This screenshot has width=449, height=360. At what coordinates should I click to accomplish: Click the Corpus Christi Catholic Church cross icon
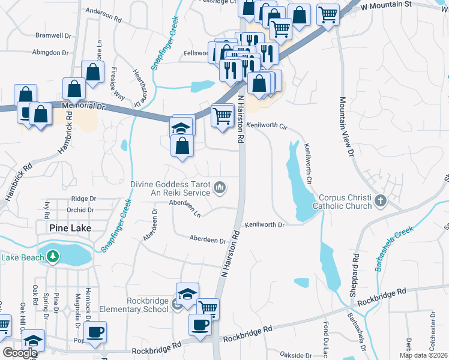tap(379, 200)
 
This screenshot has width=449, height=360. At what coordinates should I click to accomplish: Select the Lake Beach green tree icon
tap(53, 257)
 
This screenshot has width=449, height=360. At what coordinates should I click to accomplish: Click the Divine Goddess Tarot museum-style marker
tap(220, 189)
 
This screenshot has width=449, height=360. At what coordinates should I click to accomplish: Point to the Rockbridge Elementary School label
tap(148, 305)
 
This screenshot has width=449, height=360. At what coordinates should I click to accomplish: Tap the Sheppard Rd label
tap(355, 265)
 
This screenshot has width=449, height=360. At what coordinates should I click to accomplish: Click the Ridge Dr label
tap(83, 199)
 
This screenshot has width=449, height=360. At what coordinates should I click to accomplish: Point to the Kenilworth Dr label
tap(264, 224)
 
